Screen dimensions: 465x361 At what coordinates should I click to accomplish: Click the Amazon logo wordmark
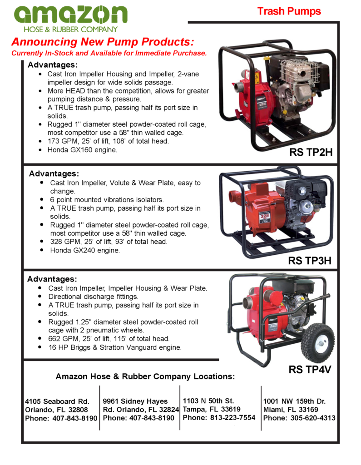[x=70, y=14]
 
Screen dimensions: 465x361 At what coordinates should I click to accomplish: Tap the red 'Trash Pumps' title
[x=289, y=11]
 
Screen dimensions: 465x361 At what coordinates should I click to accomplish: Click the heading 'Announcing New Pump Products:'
[x=103, y=42]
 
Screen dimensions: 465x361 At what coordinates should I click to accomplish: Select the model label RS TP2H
[x=311, y=153]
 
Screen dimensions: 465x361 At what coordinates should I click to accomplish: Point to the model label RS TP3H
[x=310, y=261]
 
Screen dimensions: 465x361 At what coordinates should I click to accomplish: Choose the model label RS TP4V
[x=310, y=370]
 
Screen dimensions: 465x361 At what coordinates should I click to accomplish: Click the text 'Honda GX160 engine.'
[x=82, y=149]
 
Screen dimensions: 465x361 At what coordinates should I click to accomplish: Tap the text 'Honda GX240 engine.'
[x=85, y=250]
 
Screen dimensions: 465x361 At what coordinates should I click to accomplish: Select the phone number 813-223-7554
[x=232, y=418]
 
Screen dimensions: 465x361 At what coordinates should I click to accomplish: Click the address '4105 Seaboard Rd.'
[x=57, y=401]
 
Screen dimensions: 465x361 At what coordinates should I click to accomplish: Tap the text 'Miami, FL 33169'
[x=291, y=410]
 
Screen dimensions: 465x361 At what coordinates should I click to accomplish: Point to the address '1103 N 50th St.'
[x=208, y=401]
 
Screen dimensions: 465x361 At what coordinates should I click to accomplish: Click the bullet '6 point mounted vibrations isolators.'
[x=107, y=200]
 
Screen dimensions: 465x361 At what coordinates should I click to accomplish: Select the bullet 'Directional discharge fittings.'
[x=93, y=297]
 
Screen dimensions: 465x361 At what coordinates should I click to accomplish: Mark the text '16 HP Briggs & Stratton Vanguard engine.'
[x=115, y=347]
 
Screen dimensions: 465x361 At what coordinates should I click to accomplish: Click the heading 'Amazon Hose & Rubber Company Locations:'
[x=145, y=376]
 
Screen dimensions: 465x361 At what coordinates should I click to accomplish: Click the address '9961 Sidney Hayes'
[x=135, y=401]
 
